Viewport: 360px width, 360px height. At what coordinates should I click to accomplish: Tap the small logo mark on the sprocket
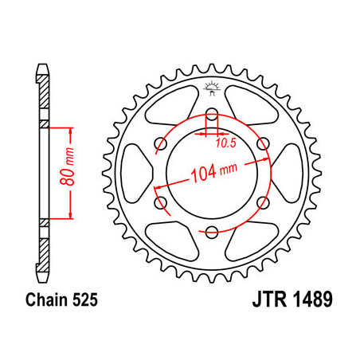(x=213, y=89)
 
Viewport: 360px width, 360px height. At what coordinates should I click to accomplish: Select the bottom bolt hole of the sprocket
(x=212, y=232)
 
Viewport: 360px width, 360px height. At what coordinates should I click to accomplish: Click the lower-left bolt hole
(x=160, y=202)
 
